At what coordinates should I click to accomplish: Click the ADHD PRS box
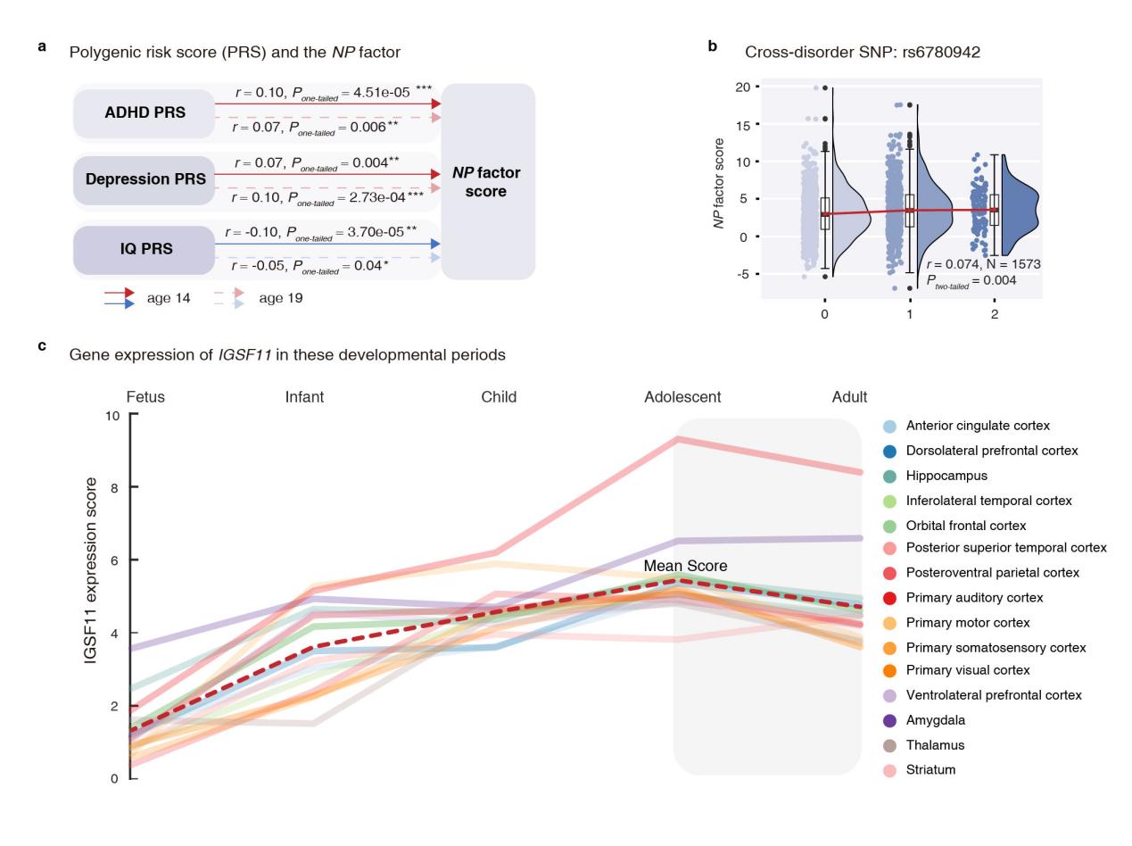click(145, 113)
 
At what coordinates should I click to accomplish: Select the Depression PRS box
click(145, 179)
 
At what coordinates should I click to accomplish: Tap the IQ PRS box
click(145, 249)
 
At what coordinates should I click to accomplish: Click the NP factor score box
click(487, 182)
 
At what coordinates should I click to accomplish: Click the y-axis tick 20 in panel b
click(742, 87)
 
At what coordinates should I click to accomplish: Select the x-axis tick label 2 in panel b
click(995, 314)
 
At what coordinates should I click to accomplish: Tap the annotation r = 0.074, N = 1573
click(983, 264)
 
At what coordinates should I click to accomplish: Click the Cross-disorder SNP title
click(862, 52)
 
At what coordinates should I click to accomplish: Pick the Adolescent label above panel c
click(682, 397)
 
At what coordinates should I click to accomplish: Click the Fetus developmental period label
click(145, 397)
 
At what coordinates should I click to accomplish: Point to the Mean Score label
click(685, 566)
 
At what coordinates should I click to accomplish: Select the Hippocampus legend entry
click(946, 476)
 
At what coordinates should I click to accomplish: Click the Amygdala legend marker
click(889, 720)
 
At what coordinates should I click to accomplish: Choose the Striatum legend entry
click(930, 769)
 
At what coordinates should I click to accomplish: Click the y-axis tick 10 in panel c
click(112, 416)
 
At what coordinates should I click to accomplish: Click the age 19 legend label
click(280, 298)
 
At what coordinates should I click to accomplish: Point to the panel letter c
click(42, 345)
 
